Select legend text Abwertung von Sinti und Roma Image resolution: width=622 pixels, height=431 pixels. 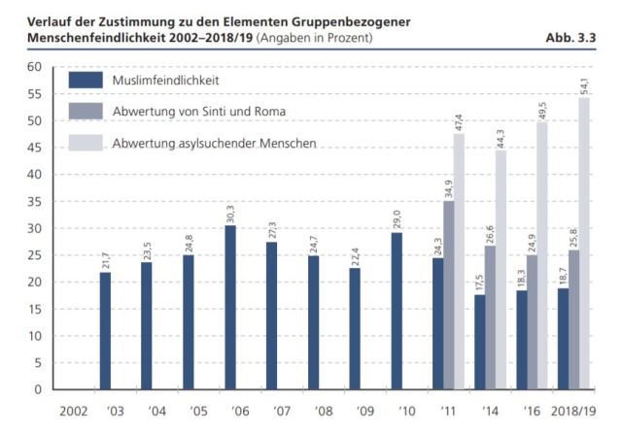click(199, 111)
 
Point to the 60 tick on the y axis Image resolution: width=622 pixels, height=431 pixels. click(33, 67)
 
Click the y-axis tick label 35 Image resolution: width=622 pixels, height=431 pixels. click(33, 201)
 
